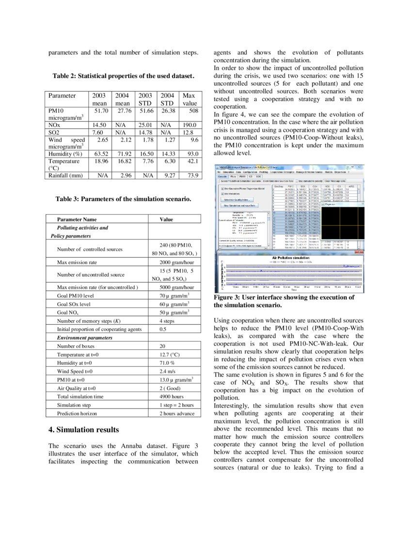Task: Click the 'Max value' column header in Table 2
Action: tap(189, 99)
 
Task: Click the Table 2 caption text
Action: tap(124, 76)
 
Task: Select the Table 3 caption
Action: tap(123, 199)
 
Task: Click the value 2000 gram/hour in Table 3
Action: tap(177, 262)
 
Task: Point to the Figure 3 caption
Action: tap(284, 301)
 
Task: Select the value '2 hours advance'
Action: tap(177, 413)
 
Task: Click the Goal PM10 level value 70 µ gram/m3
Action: tap(174, 295)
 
